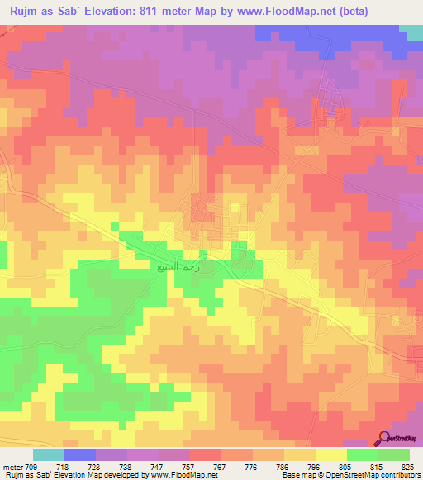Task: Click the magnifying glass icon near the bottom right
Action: pyautogui.click(x=384, y=438)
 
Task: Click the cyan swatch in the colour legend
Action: pyautogui.click(x=49, y=454)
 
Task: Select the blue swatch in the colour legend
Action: pyautogui.click(x=80, y=454)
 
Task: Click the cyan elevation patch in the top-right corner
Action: pyautogui.click(x=411, y=31)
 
